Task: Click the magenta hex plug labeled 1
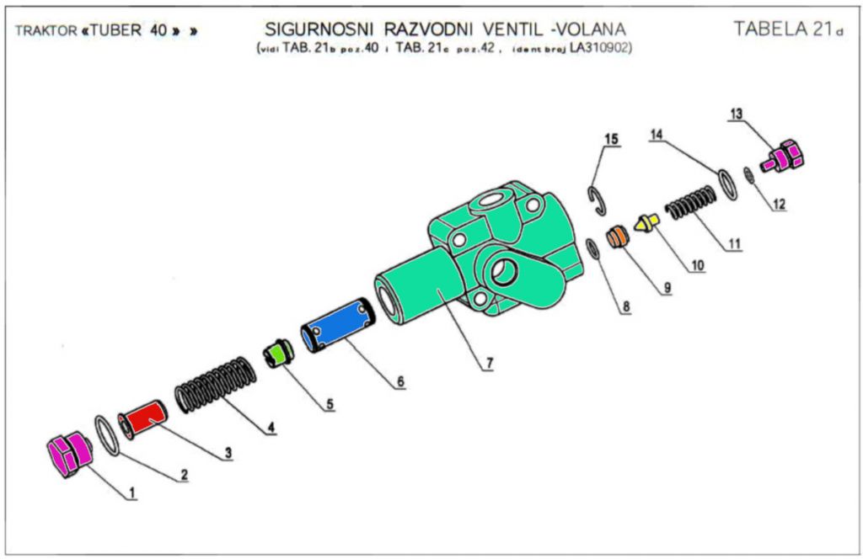[x=67, y=455]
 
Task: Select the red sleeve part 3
[x=143, y=418]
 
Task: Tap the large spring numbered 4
[x=214, y=385]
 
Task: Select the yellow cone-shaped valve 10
[x=646, y=224]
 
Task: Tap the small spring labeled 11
[x=691, y=203]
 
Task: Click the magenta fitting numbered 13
[x=785, y=156]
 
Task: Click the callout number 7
[x=488, y=364]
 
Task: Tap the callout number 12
[x=779, y=204]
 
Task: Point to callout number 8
[x=625, y=307]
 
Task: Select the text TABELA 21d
[x=788, y=29]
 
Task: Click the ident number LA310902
[x=600, y=48]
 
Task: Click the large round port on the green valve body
[x=505, y=271]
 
